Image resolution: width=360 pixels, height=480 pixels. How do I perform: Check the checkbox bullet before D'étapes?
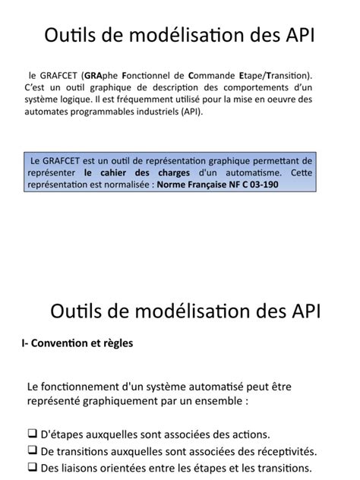[x=32, y=434]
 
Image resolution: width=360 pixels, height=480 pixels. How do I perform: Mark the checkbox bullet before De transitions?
[x=32, y=450]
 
